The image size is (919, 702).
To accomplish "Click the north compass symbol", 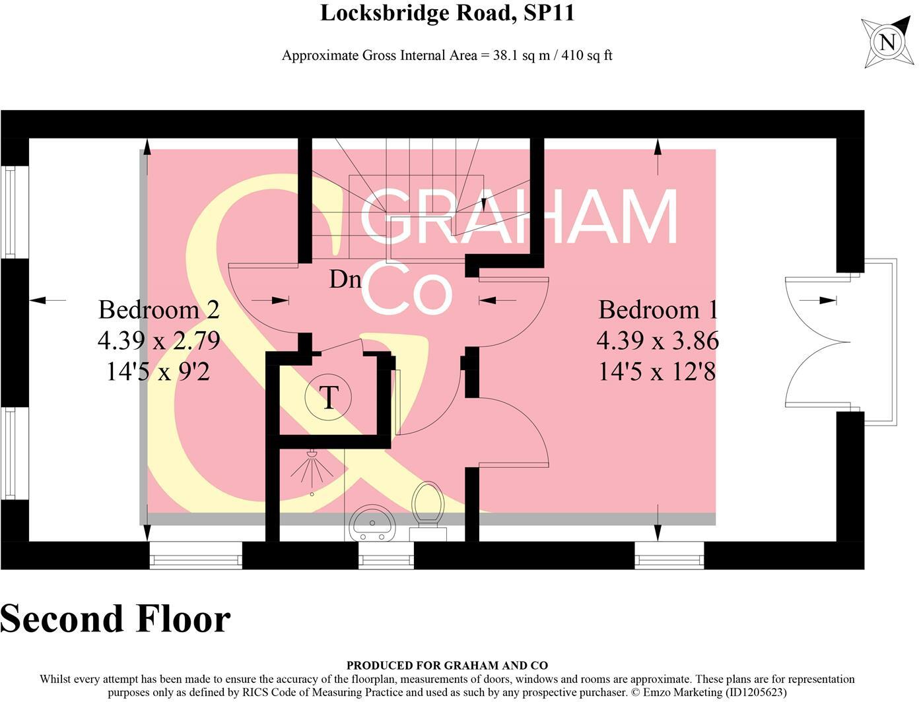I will pos(887,43).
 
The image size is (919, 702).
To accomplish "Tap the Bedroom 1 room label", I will pos(658,309).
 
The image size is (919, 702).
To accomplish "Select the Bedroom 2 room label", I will pos(158,309).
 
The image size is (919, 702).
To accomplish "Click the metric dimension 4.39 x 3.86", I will pos(658,341).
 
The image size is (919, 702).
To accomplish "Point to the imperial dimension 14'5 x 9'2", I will pos(158,372).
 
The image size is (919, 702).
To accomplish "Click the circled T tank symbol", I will pos(328,397).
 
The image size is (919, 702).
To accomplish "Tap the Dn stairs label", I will pos(345,280).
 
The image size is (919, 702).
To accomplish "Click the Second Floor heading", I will pos(116,620).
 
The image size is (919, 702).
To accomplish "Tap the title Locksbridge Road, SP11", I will pos(447,13).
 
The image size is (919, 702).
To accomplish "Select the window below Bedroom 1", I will pos(669,556).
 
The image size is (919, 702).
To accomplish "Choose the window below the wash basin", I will pos(386,556).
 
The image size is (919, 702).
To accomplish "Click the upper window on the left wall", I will pos(11,211).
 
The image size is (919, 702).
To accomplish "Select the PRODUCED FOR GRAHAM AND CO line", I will pos(447,666).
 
